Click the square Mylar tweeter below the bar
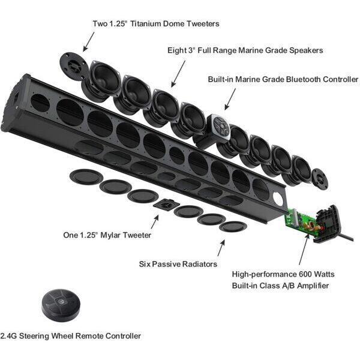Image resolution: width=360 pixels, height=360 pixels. tap(164, 205)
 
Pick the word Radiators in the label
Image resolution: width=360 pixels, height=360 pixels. tap(197, 264)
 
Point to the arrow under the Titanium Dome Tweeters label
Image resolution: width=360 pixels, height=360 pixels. tap(88, 40)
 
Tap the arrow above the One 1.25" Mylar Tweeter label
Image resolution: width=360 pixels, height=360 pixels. tap(155, 222)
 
